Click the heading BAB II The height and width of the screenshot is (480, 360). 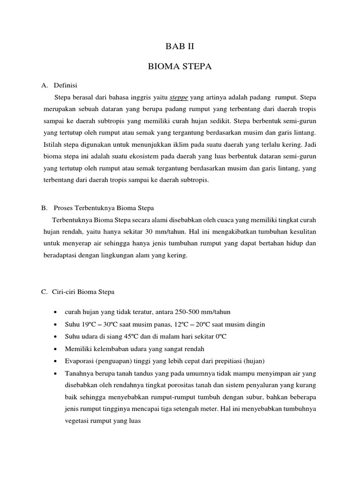pyautogui.click(x=180, y=46)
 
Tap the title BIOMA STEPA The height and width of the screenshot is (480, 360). pyautogui.click(x=180, y=67)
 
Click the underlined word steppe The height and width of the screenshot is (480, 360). pyautogui.click(x=179, y=97)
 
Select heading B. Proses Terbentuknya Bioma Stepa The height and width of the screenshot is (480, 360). pyautogui.click(x=101, y=207)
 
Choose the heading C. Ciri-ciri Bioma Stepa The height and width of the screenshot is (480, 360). pyautogui.click(x=78, y=292)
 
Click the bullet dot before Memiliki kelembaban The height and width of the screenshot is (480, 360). pyautogui.click(x=56, y=349)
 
